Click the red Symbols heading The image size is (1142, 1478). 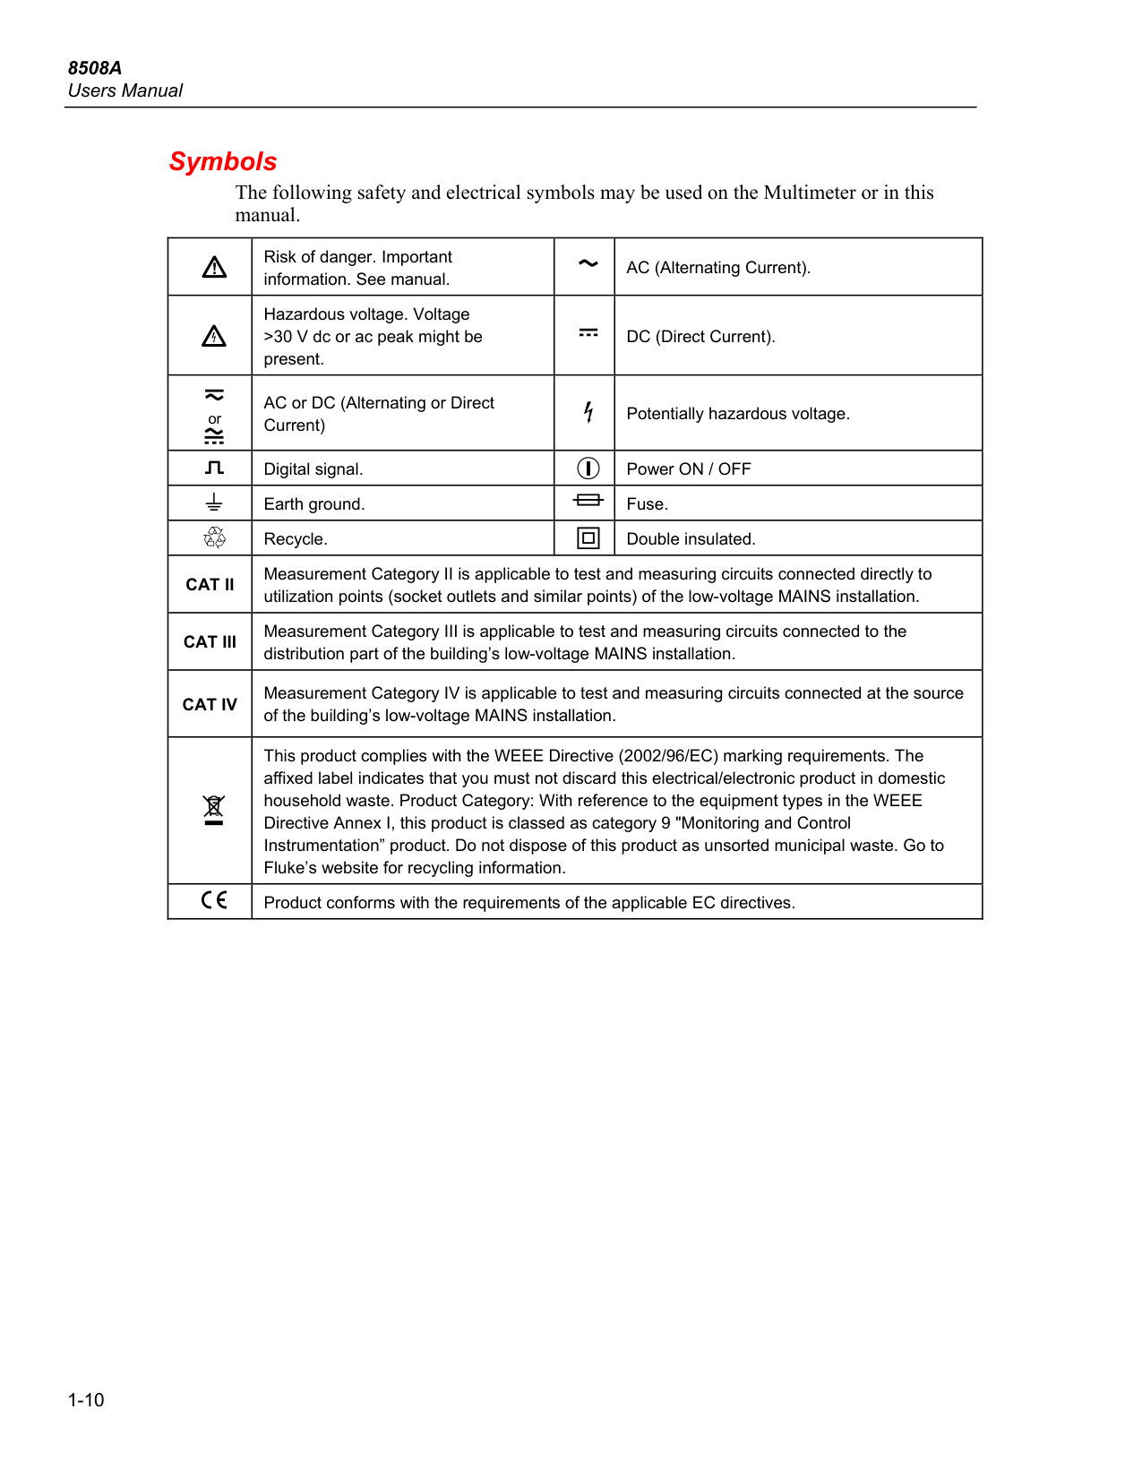click(x=223, y=161)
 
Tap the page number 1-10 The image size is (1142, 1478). click(x=86, y=1400)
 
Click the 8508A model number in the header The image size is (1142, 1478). click(x=95, y=68)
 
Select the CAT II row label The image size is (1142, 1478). click(x=210, y=585)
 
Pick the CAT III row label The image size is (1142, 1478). click(x=210, y=642)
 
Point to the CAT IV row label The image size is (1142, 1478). click(x=210, y=705)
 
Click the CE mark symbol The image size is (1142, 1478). click(x=214, y=900)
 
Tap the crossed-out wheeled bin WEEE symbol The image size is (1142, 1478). click(x=213, y=809)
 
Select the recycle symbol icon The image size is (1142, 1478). click(x=214, y=537)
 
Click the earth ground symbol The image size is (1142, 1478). click(x=214, y=503)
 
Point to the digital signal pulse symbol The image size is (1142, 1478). click(x=214, y=468)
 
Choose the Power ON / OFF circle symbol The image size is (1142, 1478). click(x=588, y=468)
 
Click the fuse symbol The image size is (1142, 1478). click(x=588, y=500)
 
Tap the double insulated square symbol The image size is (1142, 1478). click(x=588, y=538)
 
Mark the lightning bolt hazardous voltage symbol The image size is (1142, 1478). click(x=588, y=412)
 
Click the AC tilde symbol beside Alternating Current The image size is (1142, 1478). click(x=588, y=263)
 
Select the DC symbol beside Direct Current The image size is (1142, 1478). click(x=588, y=333)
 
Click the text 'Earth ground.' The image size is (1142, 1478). click(x=314, y=504)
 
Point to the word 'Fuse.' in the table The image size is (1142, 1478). click(x=647, y=504)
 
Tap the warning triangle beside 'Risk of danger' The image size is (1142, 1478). click(x=214, y=267)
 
